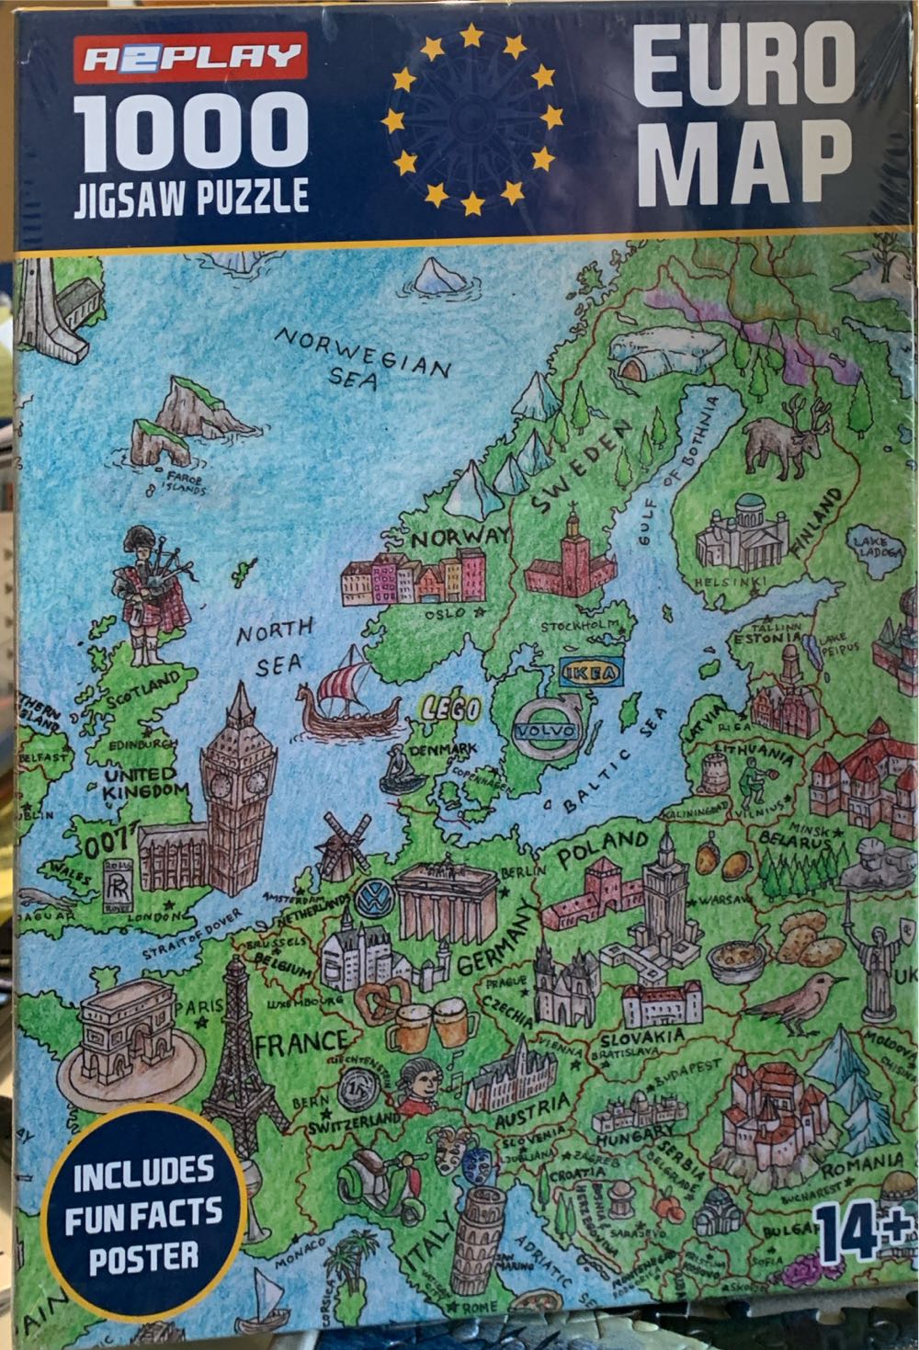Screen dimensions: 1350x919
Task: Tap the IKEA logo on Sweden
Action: [x=590, y=673]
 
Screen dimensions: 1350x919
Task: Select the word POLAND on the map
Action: [x=603, y=846]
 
